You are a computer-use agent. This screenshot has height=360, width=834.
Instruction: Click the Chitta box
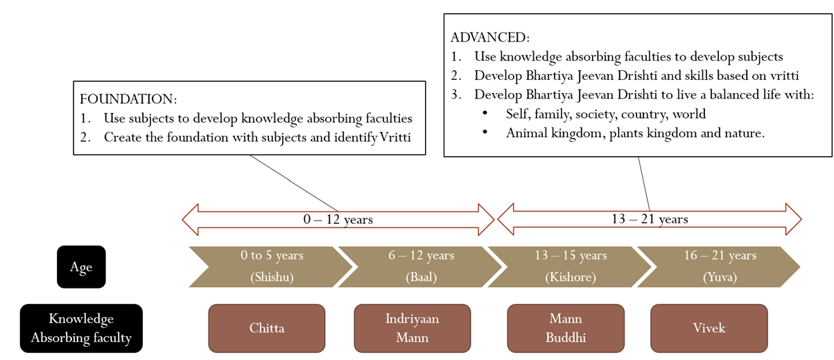pyautogui.click(x=267, y=328)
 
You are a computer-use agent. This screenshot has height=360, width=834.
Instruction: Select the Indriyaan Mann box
pyautogui.click(x=412, y=328)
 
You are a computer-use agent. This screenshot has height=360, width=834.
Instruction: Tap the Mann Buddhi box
pyautogui.click(x=565, y=328)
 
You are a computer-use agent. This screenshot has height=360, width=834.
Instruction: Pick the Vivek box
pyautogui.click(x=709, y=328)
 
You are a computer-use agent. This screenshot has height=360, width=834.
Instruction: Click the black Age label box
pyautogui.click(x=81, y=267)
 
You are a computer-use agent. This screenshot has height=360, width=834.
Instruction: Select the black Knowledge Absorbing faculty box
pyautogui.click(x=81, y=328)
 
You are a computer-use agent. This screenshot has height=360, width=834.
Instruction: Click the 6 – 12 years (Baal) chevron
pyautogui.click(x=421, y=266)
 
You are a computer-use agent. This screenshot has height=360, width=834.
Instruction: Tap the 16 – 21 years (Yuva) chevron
pyautogui.click(x=718, y=266)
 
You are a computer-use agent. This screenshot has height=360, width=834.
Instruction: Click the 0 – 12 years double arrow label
pyautogui.click(x=338, y=220)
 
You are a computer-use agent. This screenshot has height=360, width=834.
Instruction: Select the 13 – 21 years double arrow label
pyautogui.click(x=650, y=219)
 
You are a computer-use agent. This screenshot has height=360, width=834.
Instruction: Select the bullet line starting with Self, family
pyautogui.click(x=607, y=114)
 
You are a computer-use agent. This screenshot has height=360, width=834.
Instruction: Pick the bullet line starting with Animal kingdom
pyautogui.click(x=635, y=133)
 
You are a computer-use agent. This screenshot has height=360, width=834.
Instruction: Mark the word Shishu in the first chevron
pyautogui.click(x=272, y=278)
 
